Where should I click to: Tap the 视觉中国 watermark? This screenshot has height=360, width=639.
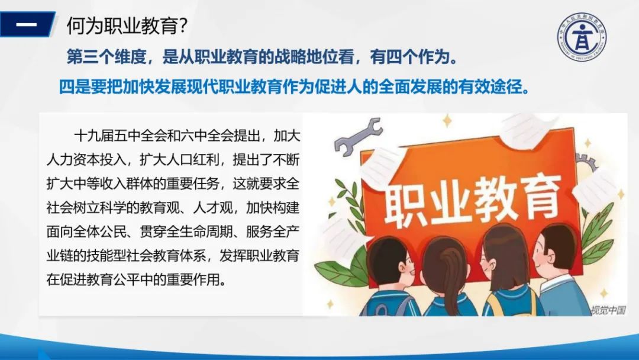pyautogui.click(x=608, y=310)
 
